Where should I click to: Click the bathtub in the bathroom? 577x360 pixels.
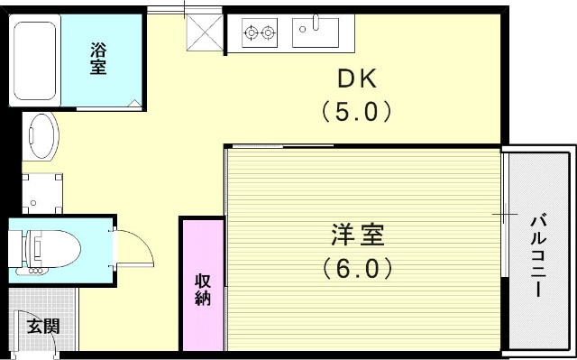36,60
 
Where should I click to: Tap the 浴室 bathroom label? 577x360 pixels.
97,59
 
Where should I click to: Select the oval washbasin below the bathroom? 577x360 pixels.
40,137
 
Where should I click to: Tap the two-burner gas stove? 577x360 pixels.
260,33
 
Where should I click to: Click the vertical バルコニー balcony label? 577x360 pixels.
538,256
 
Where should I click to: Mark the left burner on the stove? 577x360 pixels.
252,33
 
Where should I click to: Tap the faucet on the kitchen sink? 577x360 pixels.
316,20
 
